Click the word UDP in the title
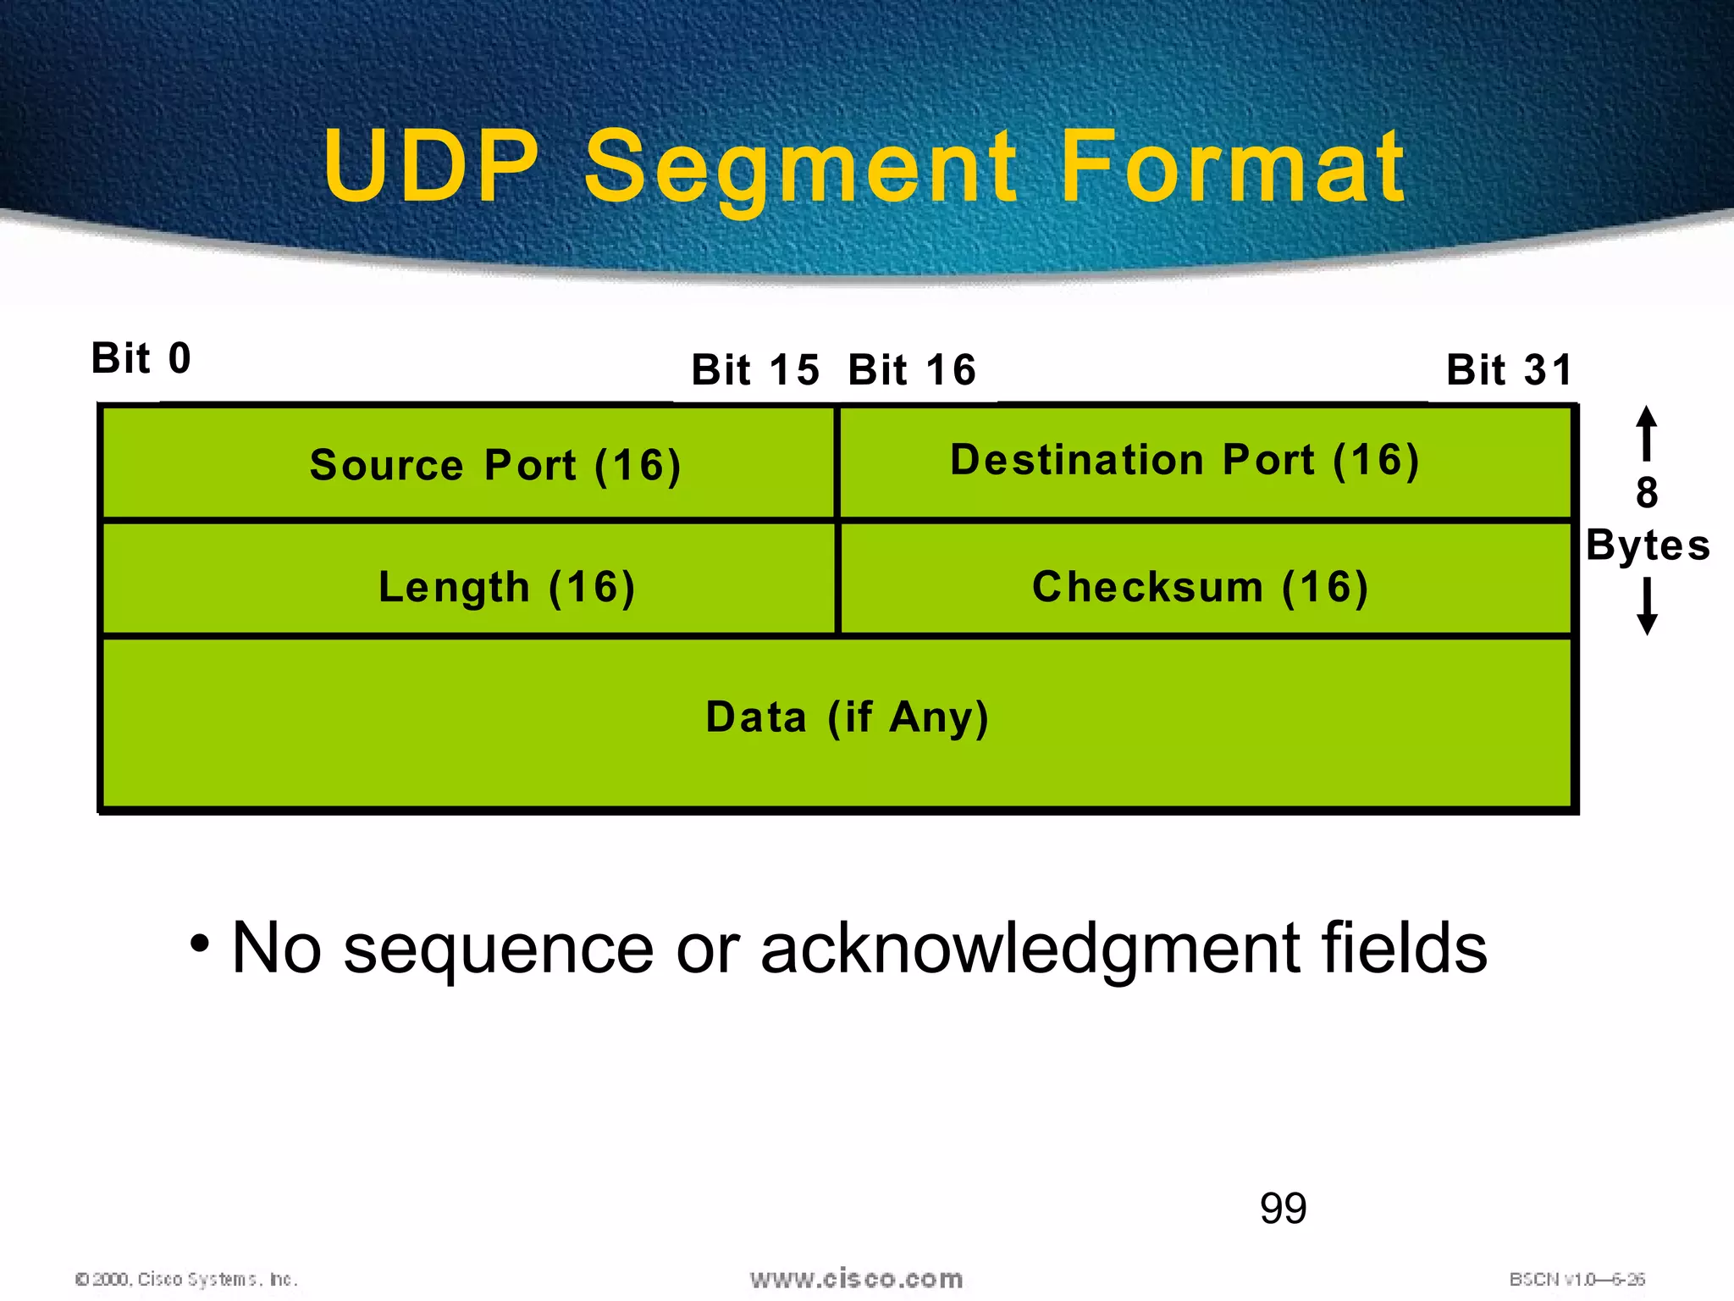[431, 167]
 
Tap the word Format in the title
[1233, 167]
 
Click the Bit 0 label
[141, 358]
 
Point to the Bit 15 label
[755, 370]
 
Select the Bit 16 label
[912, 370]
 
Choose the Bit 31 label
[1509, 370]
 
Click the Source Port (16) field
[495, 465]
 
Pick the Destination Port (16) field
[1185, 461]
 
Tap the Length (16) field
[506, 587]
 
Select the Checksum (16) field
[1200, 587]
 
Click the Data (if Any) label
[847, 717]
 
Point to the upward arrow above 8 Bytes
[1647, 432]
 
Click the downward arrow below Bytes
[1647, 606]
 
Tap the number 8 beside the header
[1647, 493]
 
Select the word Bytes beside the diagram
[1648, 545]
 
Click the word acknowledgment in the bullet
[1030, 949]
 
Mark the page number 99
[1283, 1208]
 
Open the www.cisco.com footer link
[856, 1278]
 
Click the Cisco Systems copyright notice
[186, 1279]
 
